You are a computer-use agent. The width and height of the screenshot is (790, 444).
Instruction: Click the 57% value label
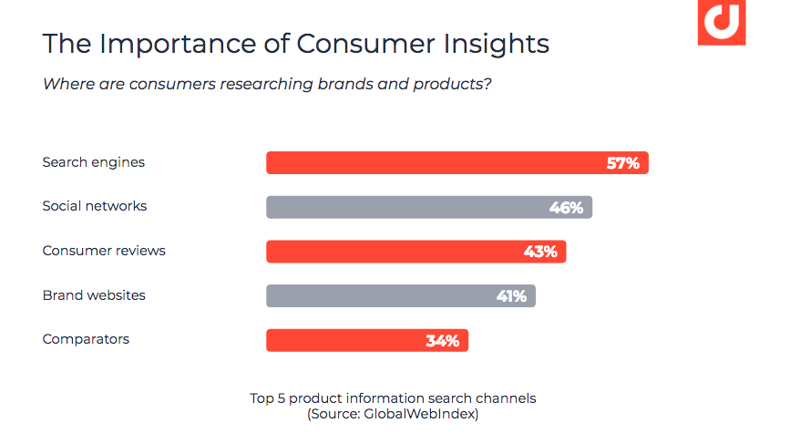pyautogui.click(x=623, y=163)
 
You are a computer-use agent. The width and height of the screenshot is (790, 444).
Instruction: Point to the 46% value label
pyautogui.click(x=566, y=208)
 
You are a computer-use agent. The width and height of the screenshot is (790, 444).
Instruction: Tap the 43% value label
pyautogui.click(x=540, y=252)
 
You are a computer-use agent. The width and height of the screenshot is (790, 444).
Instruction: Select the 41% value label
pyautogui.click(x=510, y=296)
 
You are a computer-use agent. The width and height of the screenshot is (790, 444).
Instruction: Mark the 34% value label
pyautogui.click(x=442, y=341)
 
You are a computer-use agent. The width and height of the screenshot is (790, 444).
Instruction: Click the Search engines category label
pyautogui.click(x=94, y=162)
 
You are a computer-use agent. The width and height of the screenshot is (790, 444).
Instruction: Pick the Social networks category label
pyautogui.click(x=95, y=206)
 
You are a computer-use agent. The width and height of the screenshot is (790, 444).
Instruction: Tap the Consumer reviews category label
pyautogui.click(x=104, y=251)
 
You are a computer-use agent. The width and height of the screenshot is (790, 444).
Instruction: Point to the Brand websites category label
pyautogui.click(x=94, y=295)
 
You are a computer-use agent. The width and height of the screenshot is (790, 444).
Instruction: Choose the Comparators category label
pyautogui.click(x=86, y=339)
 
